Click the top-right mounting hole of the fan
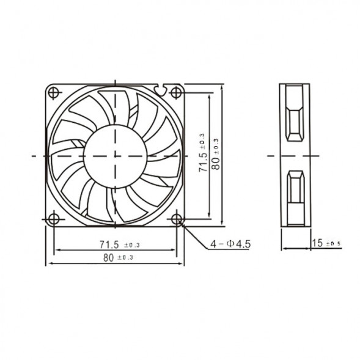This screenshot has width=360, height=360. pyautogui.click(x=177, y=93)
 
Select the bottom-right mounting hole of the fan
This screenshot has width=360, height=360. pyautogui.click(x=177, y=218)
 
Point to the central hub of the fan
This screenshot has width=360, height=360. pyautogui.click(x=115, y=155)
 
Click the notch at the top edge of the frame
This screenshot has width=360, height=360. pyautogui.click(x=161, y=89)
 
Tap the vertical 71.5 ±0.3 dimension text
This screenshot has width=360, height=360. pyautogui.click(x=202, y=152)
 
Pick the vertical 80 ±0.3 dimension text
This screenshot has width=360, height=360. pyautogui.click(x=215, y=153)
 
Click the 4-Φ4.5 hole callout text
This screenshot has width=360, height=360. pyautogui.click(x=230, y=244)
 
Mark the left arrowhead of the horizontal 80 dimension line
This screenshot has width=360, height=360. pyautogui.click(x=49, y=263)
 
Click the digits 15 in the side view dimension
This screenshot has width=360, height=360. pyautogui.click(x=317, y=243)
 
